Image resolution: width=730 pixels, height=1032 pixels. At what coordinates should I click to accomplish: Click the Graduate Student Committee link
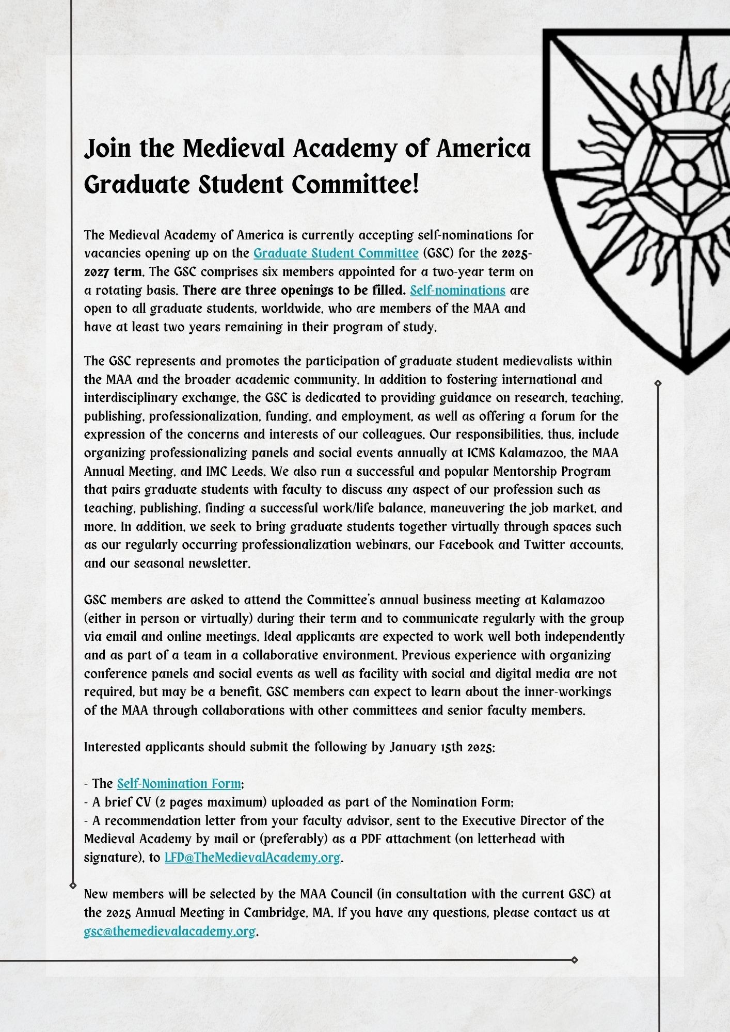click(336, 253)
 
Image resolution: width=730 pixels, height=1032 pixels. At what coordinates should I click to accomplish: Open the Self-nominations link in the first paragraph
click(457, 290)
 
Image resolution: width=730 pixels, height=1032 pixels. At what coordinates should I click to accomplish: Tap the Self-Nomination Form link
click(179, 784)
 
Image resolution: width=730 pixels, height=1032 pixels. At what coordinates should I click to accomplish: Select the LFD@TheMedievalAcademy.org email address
click(252, 858)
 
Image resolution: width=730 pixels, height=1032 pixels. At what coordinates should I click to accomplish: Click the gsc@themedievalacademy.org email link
click(170, 931)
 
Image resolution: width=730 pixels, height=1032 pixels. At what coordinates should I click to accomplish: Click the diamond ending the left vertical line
click(72, 885)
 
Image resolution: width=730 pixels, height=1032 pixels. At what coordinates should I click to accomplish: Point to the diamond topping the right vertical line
click(658, 383)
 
